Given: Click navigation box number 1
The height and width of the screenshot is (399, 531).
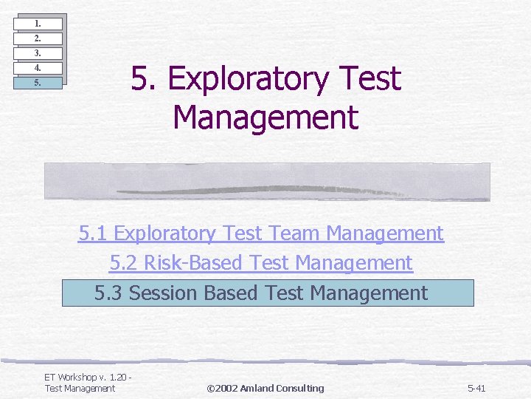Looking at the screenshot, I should click(x=38, y=24).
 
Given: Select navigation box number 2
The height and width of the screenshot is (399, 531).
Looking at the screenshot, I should click(x=38, y=38).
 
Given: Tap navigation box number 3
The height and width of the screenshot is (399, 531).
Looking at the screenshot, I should click(x=38, y=53).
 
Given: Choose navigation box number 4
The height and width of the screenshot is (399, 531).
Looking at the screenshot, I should click(x=38, y=68).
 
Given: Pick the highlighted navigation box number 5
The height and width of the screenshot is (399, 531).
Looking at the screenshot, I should click(x=38, y=83).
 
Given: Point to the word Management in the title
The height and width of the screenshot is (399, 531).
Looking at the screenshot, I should click(x=265, y=117).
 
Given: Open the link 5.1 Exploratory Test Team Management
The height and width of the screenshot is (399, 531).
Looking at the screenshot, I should click(x=261, y=233).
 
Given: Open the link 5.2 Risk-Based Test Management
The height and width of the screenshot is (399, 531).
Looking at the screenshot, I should click(x=261, y=263).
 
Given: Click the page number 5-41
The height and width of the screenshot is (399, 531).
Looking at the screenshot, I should click(x=476, y=389).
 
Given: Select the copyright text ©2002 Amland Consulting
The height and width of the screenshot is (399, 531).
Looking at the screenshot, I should click(x=265, y=389).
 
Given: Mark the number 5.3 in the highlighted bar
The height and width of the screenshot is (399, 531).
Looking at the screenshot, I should click(x=108, y=293).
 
